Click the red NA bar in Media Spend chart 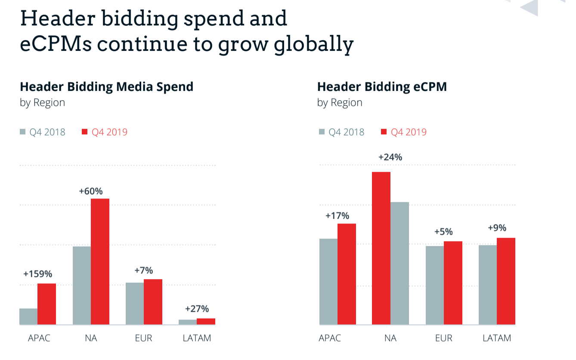pos(100,261)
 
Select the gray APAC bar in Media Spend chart pos(28,317)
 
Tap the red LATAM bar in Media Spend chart pos(206,321)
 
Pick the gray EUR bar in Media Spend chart pos(135,304)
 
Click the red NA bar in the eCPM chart pos(381,248)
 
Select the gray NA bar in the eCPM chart pos(399,263)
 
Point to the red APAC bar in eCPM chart pos(347,274)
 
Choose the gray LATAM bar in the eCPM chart pos(488,285)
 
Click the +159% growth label pos(37,274)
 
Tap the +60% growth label pos(91,191)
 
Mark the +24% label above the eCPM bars pos(390,157)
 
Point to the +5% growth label pos(443,232)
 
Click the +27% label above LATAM pos(197,309)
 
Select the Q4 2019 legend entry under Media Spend pos(105,132)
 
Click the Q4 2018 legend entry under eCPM pos(341,132)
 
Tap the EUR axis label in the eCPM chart pos(444,338)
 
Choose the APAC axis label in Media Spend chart pos(39,338)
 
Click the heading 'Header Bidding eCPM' pos(382,87)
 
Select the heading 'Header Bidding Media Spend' pos(106,87)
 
